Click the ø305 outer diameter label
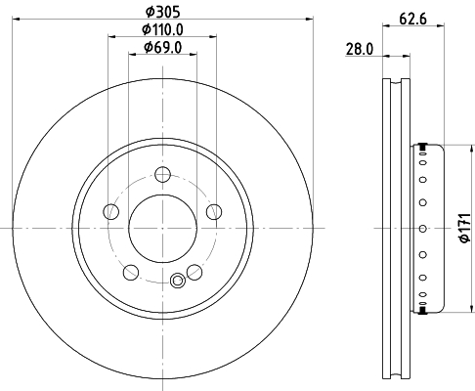pyautogui.click(x=162, y=12)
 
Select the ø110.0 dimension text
pyautogui.click(x=162, y=30)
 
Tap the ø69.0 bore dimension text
pyautogui.click(x=162, y=48)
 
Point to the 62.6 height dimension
pyautogui.click(x=412, y=19)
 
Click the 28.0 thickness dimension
pyautogui.click(x=360, y=49)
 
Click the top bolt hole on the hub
pyautogui.click(x=162, y=174)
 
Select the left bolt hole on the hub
pyautogui.click(x=110, y=212)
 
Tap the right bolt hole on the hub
pyautogui.click(x=214, y=212)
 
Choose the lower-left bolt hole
pyautogui.click(x=131, y=272)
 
